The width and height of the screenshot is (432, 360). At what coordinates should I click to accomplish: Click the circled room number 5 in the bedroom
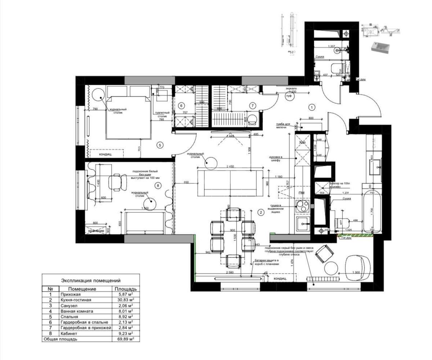(x=160, y=145)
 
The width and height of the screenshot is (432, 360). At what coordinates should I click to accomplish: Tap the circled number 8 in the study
(x=157, y=186)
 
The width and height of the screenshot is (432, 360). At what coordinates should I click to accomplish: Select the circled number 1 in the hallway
(x=312, y=107)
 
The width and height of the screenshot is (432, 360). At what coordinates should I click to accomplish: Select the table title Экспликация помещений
(x=91, y=280)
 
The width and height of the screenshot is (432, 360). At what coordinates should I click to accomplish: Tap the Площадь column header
(x=126, y=289)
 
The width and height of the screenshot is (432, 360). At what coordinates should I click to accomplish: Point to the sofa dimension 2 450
(x=230, y=166)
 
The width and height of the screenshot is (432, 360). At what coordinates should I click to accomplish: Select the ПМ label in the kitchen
(x=301, y=193)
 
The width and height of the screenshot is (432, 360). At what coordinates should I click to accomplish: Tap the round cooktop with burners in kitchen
(x=302, y=206)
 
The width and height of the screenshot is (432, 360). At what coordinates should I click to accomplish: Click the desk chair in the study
(x=118, y=182)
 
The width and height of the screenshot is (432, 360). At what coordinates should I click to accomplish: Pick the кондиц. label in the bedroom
(x=105, y=154)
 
